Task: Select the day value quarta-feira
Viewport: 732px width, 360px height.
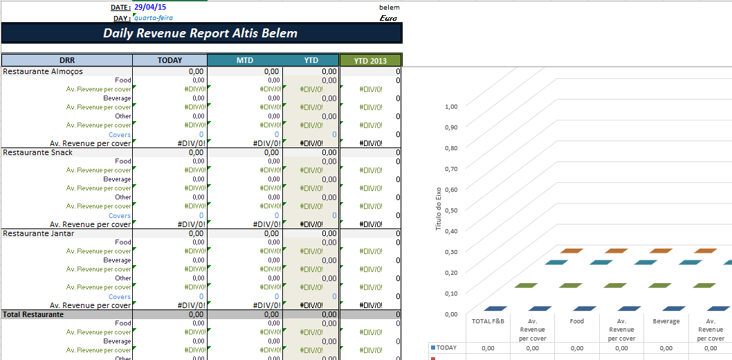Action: (x=154, y=18)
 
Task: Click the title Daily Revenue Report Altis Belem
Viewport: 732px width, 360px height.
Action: (x=201, y=33)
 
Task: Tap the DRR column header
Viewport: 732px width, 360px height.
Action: (x=67, y=61)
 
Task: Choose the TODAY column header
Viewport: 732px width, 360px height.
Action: (x=170, y=61)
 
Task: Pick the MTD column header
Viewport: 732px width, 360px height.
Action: (x=245, y=61)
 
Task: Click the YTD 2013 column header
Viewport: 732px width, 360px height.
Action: (x=370, y=61)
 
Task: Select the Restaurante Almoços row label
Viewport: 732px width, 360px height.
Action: (x=43, y=71)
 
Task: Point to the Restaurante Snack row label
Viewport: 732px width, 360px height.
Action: (x=38, y=152)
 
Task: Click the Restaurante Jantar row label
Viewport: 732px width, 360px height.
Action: (x=39, y=233)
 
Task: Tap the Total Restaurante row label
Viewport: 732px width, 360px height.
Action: (x=33, y=314)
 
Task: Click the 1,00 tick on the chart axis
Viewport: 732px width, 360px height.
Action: (x=451, y=107)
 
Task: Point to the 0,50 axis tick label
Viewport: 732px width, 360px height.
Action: (x=451, y=210)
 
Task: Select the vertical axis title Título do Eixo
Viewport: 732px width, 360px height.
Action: (x=438, y=209)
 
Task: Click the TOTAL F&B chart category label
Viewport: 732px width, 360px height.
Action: (x=488, y=321)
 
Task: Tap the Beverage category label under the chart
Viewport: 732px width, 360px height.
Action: (x=666, y=321)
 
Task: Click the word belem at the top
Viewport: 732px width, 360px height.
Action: (x=390, y=7)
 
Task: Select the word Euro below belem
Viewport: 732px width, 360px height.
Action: (x=389, y=18)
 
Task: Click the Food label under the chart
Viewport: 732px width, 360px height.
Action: (x=577, y=321)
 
